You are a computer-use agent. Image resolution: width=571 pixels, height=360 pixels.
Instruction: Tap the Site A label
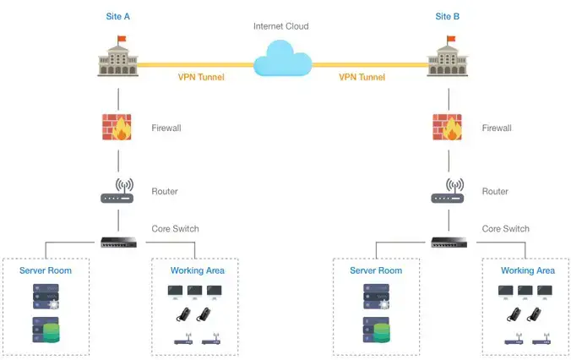coord(118,16)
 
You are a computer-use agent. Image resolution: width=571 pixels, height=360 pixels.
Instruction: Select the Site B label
coord(449,16)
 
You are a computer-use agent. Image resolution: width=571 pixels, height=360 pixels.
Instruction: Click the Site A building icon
coord(118,60)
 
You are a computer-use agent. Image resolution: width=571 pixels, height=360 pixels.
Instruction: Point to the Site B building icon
coord(448,60)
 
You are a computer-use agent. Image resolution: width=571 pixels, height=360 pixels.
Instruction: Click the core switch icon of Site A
coord(118,242)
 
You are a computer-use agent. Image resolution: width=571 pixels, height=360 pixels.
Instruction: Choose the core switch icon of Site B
coord(448,242)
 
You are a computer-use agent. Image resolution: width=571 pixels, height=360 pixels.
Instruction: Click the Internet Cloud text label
coord(281,26)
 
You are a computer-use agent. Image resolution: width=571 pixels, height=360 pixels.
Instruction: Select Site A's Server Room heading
coord(46,270)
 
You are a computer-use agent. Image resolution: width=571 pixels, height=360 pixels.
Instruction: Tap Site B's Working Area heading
coord(528,270)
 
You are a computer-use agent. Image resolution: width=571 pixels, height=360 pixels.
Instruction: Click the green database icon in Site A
coord(46,330)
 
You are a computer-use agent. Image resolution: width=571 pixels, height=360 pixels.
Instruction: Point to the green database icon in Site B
coord(376,330)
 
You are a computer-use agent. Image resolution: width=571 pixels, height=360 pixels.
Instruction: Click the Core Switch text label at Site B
coord(505,229)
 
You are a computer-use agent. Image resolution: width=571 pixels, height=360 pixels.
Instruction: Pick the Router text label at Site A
coord(165,192)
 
